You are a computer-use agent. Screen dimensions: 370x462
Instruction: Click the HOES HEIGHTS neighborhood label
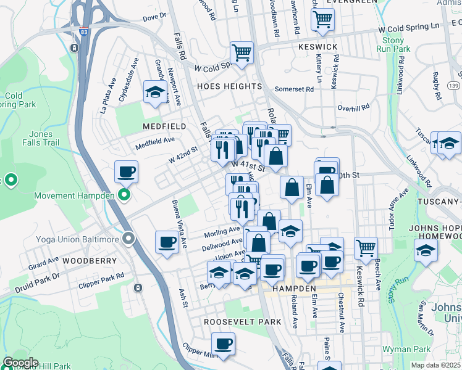(230, 87)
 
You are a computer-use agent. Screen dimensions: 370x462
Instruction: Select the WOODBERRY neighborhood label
(89, 261)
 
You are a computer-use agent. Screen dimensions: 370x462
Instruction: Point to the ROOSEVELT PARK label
(243, 322)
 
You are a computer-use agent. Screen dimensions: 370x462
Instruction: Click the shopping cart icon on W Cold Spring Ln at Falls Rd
(241, 53)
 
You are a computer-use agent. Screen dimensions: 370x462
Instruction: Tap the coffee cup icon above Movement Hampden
(126, 172)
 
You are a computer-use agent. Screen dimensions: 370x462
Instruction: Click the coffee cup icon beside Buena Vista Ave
(167, 242)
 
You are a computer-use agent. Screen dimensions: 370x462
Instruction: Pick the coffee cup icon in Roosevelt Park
(223, 344)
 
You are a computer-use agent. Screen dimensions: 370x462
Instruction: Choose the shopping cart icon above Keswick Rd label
(366, 248)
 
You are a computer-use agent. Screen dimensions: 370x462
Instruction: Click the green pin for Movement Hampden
(124, 196)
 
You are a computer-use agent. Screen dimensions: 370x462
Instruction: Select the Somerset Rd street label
(294, 89)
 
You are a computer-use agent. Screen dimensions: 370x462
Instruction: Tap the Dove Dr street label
(154, 17)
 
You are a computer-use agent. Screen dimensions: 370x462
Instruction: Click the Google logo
(20, 363)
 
